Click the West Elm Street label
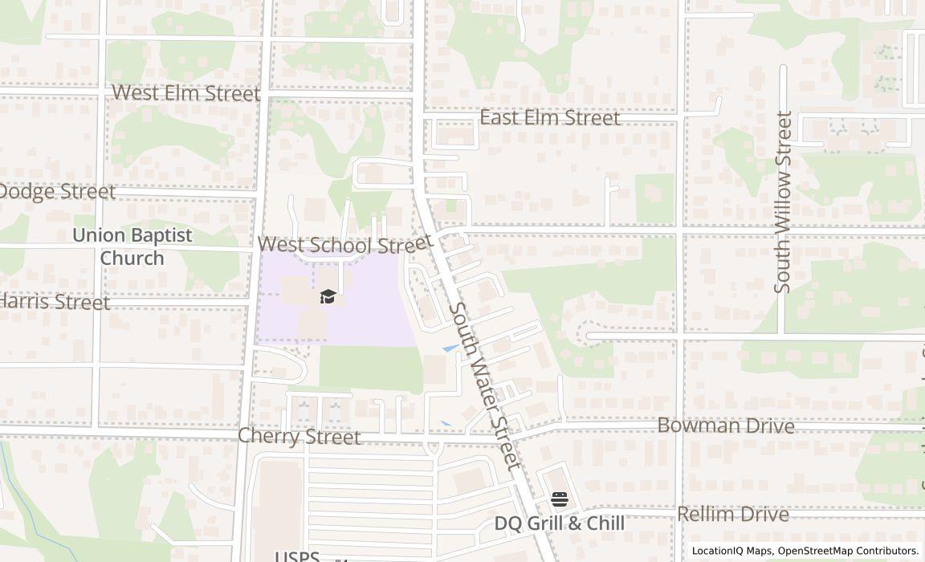pos(186,93)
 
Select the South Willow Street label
pos(784,202)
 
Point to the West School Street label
pos(345,244)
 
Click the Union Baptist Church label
pos(132,246)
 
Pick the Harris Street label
pos(55,302)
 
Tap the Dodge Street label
pos(56,192)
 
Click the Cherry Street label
pos(300,437)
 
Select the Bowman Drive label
pos(726,426)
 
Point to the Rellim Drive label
pos(733,514)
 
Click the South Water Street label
pos(485,386)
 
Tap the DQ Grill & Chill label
pos(559,523)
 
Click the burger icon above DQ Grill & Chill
pos(560,499)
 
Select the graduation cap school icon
pos(328,297)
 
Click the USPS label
pos(297,556)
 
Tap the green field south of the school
pos(370,369)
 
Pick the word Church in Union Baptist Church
pos(132,259)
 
